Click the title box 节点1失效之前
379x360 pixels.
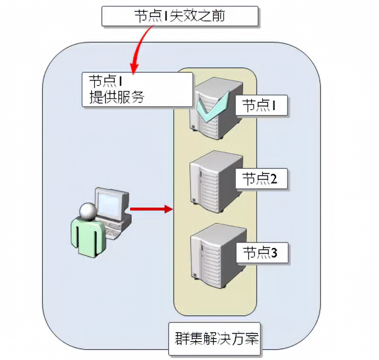pos(181,16)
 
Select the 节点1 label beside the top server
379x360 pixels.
pos(261,105)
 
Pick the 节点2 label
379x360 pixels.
pos(261,178)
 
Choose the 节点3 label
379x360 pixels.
pos(261,253)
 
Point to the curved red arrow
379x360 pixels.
pos(141,45)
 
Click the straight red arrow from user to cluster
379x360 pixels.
pos(150,208)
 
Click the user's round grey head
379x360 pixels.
pos(88,210)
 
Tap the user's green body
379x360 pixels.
pos(84,237)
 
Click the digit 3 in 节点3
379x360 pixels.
pos(274,253)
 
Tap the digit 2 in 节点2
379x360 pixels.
pos(274,178)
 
